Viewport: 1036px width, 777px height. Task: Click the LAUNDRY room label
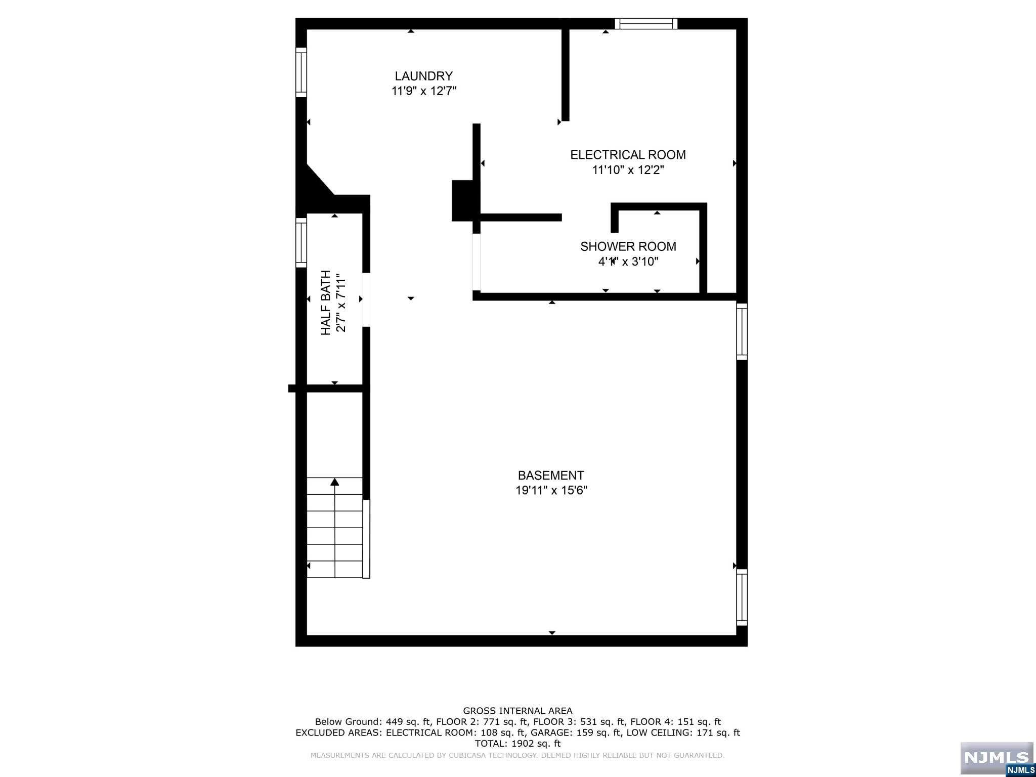(423, 76)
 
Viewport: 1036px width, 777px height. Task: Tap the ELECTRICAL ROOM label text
(628, 155)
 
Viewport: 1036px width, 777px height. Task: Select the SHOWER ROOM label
(628, 246)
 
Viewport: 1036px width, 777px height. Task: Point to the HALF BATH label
(326, 303)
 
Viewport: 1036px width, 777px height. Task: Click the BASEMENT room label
(551, 476)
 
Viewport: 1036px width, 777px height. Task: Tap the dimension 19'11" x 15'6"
(551, 490)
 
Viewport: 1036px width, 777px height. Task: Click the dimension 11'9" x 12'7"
(424, 91)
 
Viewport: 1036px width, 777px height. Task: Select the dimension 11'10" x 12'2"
(628, 170)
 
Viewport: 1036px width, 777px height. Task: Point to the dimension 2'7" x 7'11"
(341, 303)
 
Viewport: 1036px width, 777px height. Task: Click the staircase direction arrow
(334, 482)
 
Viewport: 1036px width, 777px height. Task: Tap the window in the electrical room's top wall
(646, 24)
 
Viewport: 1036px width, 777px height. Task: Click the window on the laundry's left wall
(301, 72)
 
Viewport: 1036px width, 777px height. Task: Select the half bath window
(301, 242)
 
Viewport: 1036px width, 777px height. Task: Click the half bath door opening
(366, 299)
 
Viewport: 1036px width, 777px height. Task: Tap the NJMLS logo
(997, 758)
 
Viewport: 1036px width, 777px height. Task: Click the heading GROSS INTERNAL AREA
(517, 711)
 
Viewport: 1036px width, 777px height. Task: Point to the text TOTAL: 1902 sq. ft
(517, 744)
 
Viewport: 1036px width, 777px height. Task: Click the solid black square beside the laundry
(462, 200)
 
